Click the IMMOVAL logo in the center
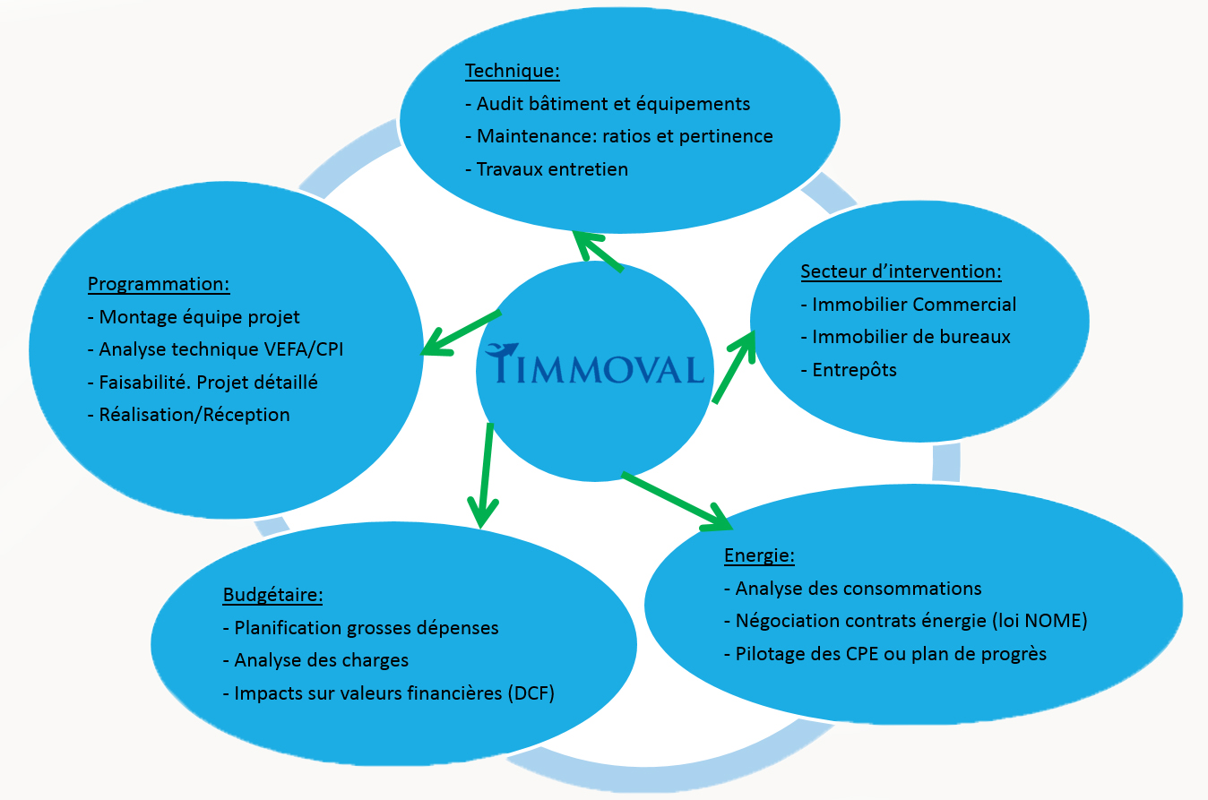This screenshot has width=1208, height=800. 594,367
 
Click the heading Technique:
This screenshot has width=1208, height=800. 512,71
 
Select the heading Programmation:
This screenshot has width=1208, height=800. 159,284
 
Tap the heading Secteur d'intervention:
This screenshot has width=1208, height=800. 901,271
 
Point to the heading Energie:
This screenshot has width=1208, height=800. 759,555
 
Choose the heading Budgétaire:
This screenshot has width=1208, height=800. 272,595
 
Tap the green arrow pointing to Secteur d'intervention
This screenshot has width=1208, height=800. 734,367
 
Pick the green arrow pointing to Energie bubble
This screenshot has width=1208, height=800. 677,498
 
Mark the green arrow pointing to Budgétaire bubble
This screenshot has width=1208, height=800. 485,475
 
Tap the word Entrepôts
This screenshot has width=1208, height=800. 854,369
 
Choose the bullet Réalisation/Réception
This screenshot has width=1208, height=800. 194,414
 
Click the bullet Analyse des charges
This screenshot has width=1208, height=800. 321,660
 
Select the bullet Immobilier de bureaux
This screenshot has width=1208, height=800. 911,337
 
